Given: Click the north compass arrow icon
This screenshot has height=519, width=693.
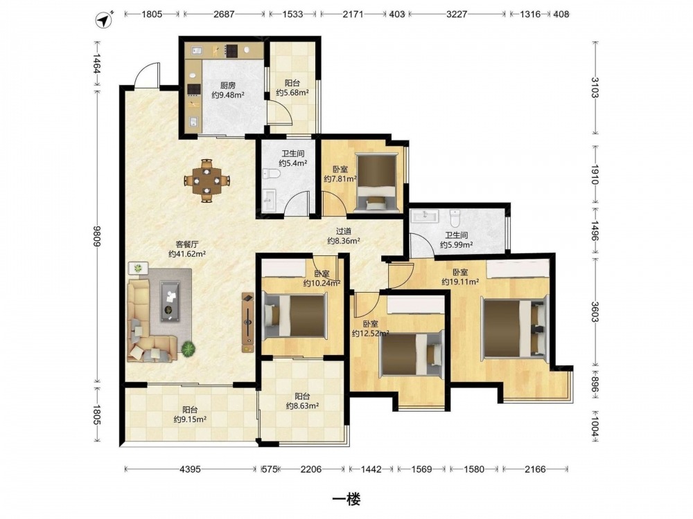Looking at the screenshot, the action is pos(105,19).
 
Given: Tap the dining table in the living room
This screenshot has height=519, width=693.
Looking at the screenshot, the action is pos(207,181).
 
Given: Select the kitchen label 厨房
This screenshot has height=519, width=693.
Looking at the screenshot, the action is pos(227,85).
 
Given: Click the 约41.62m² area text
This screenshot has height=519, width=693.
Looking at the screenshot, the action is pos(187,254).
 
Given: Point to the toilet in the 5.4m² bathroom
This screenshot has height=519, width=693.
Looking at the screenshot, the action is pos(272,174).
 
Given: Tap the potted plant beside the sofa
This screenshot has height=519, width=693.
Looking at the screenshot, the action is pos(188,349).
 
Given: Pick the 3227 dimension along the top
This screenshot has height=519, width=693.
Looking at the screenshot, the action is pos(457,14).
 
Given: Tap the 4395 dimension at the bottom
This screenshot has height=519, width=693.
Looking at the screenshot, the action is pos(190,469).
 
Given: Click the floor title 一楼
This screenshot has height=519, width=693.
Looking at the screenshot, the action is pos(346,499).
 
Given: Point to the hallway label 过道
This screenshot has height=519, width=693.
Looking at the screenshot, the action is pos(344,231).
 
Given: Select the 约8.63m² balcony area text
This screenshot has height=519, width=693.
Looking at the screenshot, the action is pos(303,406).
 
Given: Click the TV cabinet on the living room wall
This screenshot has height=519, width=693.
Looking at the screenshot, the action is pos(248,322).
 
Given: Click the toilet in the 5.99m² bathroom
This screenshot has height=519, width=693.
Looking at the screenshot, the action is pos(455,218).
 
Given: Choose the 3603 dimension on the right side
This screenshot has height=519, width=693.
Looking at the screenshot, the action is pos(595,312).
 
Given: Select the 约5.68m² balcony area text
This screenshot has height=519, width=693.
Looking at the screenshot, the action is pos(292,93).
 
